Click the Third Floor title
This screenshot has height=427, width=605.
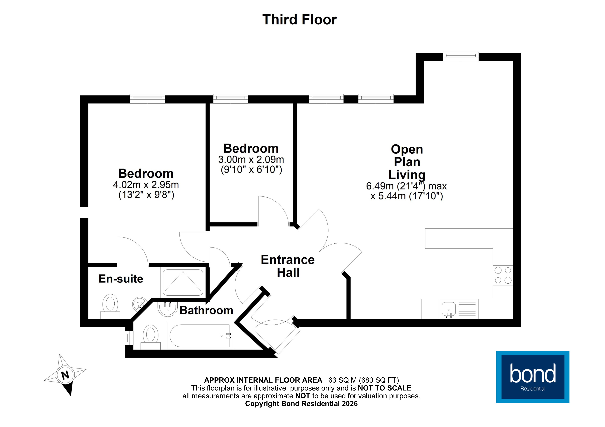pos(299,20)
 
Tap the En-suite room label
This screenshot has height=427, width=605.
pos(121,279)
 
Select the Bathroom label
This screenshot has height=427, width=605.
pos(206,310)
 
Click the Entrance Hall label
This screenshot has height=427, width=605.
pos(288,266)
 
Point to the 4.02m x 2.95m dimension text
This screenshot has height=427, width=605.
pos(146,185)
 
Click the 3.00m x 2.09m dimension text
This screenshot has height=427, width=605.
pos(251,159)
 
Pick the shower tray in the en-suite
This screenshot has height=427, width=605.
pos(183,282)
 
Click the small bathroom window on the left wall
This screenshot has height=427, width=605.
pos(127,338)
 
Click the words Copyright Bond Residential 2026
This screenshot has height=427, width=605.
pos(301,404)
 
